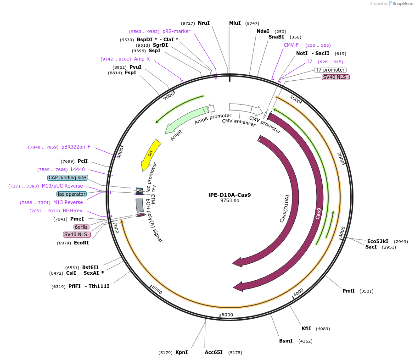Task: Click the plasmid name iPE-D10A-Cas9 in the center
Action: tap(230, 194)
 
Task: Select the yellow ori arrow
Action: tap(152, 154)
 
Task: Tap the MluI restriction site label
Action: tap(235, 23)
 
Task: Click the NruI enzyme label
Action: tap(204, 23)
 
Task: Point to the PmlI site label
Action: tap(348, 291)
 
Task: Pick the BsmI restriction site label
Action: tap(286, 341)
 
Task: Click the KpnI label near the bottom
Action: tap(181, 352)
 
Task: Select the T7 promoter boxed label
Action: tap(330, 70)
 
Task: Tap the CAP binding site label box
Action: tap(67, 177)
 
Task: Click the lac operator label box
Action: tap(72, 194)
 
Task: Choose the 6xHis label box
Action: tap(81, 227)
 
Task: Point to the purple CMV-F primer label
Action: tap(291, 45)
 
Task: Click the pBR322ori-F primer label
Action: tap(76, 147)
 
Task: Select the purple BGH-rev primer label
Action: tap(73, 210)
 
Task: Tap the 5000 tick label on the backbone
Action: tap(227, 315)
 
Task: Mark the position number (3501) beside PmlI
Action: tap(367, 291)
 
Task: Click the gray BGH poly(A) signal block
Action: tap(140, 205)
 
